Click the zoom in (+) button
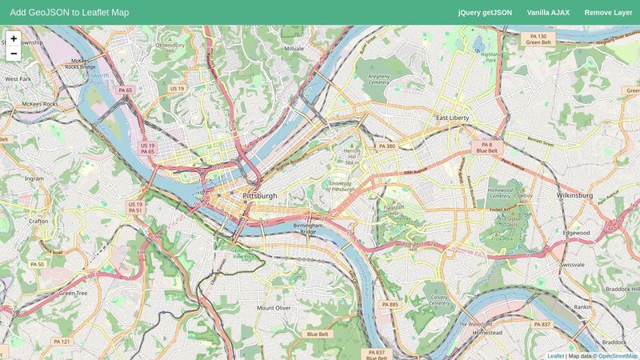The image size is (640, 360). pos(14,38)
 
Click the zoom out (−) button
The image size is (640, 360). pos(14,54)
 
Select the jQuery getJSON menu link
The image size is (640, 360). pos(485,13)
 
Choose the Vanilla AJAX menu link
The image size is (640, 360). pos(548,13)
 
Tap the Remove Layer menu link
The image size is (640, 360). pos(608,13)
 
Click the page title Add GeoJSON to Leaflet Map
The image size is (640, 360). pos(70,13)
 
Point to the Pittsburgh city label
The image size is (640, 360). pos(260,195)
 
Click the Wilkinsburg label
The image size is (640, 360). pos(574,194)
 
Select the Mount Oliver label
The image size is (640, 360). pos(274,307)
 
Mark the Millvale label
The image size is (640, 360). pos(294,48)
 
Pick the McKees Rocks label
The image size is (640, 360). pos(40,104)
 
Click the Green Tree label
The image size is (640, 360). pos(73,293)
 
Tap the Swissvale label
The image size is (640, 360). pos(573,263)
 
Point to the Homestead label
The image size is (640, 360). pos(487,331)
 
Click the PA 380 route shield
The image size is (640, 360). pos(386,146)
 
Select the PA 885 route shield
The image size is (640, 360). pos(390,305)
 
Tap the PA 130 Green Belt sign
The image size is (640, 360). pos(538,39)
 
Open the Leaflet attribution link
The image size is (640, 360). pos(555,356)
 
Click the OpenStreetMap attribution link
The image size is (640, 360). pos(618,356)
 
